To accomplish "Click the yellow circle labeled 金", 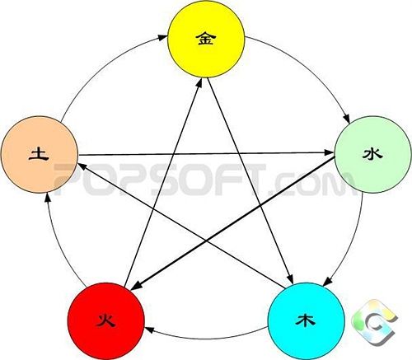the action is pyautogui.click(x=206, y=40).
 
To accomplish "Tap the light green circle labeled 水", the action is pyautogui.click(x=373, y=154).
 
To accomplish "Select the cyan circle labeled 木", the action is pyautogui.click(x=307, y=321).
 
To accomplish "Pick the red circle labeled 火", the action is pyautogui.click(x=106, y=321).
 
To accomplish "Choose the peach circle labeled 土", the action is pyautogui.click(x=40, y=154).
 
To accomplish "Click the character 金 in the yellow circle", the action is pyautogui.click(x=206, y=38).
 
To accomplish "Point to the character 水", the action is pyautogui.click(x=372, y=154).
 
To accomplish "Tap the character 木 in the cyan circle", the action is pyautogui.click(x=305, y=320).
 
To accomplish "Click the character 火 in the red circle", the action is pyautogui.click(x=106, y=320).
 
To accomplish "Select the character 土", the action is pyautogui.click(x=39, y=154).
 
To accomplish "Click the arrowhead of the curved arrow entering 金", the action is pyautogui.click(x=163, y=37).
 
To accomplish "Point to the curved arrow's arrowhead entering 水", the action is pyautogui.click(x=347, y=118).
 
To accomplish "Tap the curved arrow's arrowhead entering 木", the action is pyautogui.click(x=327, y=282).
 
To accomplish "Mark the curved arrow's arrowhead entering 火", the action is pyautogui.click(x=149, y=330).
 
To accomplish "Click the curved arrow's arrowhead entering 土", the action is pyautogui.click(x=48, y=198).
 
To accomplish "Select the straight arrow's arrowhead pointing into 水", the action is pyautogui.click(x=330, y=152).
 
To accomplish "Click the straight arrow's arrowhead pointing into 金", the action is pyautogui.click(x=199, y=83).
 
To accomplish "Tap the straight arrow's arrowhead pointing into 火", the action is pyautogui.click(x=136, y=285).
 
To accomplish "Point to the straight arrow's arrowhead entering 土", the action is pyautogui.click(x=83, y=166).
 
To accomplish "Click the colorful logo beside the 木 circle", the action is pyautogui.click(x=374, y=322).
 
